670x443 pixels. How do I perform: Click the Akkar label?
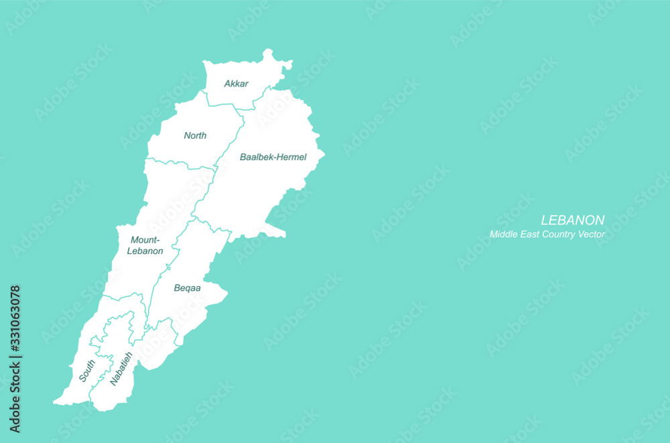237,84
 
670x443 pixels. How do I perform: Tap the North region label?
195,135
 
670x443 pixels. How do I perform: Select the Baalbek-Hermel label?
273,157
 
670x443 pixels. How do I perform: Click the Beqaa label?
188,288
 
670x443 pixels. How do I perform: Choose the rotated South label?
87,371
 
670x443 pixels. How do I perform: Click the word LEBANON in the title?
572,220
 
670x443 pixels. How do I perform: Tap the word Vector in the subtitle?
591,235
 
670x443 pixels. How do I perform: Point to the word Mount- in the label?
145,240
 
